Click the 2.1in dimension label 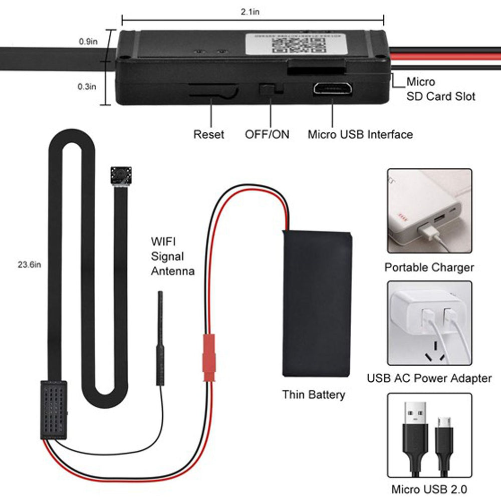pos(250,12)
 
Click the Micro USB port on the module pos(332,89)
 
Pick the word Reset pos(209,134)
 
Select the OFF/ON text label pos(267,134)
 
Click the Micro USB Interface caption pos(360,134)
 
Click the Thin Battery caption pos(314,395)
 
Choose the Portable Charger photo pos(429,210)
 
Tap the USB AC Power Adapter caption pos(429,378)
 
